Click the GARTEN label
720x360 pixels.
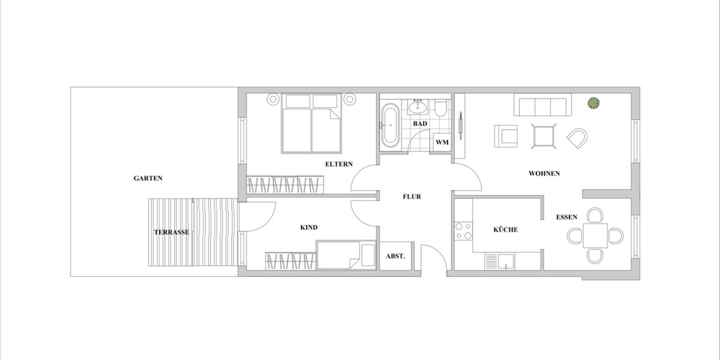[148, 178]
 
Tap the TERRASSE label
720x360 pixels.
[172, 232]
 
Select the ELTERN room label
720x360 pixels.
[339, 164]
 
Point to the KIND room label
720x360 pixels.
[308, 227]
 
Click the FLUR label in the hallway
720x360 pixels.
[412, 196]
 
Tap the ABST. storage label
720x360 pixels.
[395, 256]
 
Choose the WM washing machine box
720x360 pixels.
[442, 142]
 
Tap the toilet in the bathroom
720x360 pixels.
[441, 108]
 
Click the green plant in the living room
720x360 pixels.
[593, 103]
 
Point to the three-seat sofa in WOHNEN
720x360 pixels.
[542, 106]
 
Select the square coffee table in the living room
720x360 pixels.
[544, 136]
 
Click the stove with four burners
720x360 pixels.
[463, 231]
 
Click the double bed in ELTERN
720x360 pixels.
[311, 123]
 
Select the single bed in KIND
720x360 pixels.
[345, 255]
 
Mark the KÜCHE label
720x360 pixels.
[505, 230]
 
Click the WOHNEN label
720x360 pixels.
[544, 173]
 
